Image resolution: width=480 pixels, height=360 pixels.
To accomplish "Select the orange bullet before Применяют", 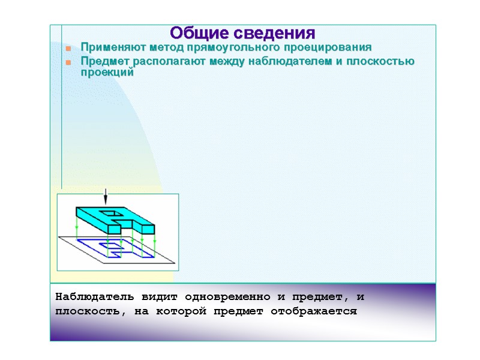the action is coord(68,48).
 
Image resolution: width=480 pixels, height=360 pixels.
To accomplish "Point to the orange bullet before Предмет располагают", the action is coord(68,62).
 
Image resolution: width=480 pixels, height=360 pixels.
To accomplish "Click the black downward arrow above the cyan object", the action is coord(106,197).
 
